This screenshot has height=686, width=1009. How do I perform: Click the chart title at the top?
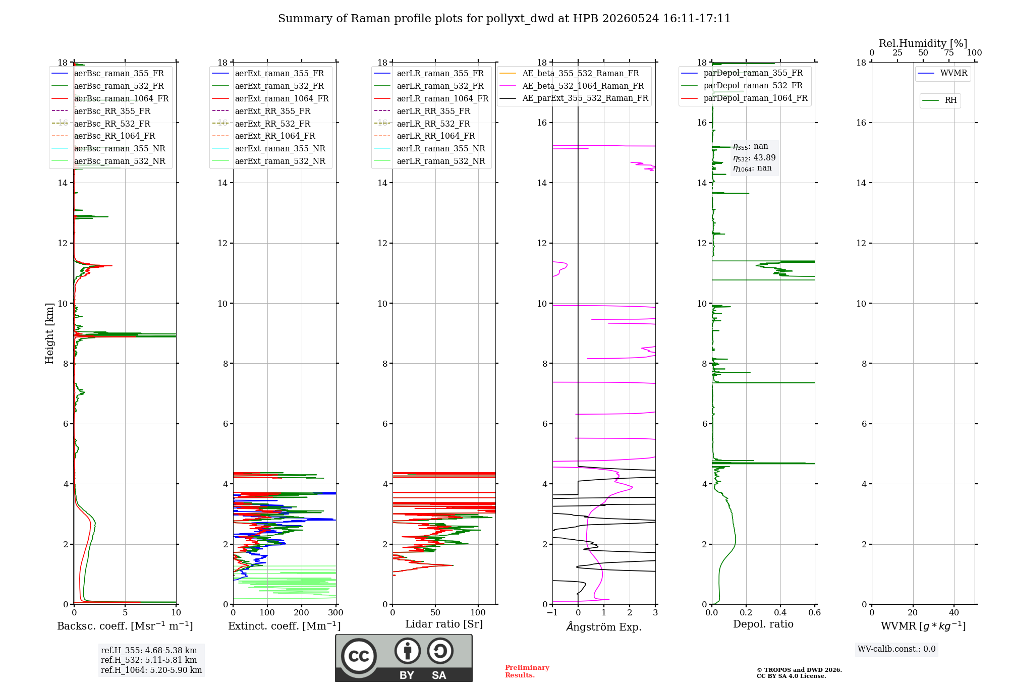(504, 19)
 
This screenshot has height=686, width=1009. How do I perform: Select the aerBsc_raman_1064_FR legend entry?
(110, 98)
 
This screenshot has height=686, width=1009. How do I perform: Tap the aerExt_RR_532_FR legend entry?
(261, 124)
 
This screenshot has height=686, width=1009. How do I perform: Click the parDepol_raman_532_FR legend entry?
(742, 85)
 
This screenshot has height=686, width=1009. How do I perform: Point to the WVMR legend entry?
(942, 73)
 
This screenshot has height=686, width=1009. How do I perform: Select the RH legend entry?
(939, 100)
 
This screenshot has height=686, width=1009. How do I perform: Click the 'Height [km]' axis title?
(49, 333)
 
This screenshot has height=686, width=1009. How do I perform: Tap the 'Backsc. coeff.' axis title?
(125, 626)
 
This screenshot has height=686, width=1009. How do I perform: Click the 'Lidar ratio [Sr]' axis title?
(444, 624)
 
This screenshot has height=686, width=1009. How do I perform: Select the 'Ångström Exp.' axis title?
(604, 626)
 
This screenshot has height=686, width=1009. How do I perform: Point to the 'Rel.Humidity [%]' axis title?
(923, 43)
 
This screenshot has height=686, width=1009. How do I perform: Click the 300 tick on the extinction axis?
(335, 612)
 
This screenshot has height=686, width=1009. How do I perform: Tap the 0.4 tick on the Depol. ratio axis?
(780, 612)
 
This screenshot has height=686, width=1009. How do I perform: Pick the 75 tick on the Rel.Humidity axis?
(949, 52)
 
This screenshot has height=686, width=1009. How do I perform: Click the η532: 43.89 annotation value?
(754, 158)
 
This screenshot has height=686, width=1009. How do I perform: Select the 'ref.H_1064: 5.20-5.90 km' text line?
(151, 670)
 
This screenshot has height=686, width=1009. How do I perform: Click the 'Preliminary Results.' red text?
(527, 671)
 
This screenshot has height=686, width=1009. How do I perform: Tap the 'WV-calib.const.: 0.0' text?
(896, 649)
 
